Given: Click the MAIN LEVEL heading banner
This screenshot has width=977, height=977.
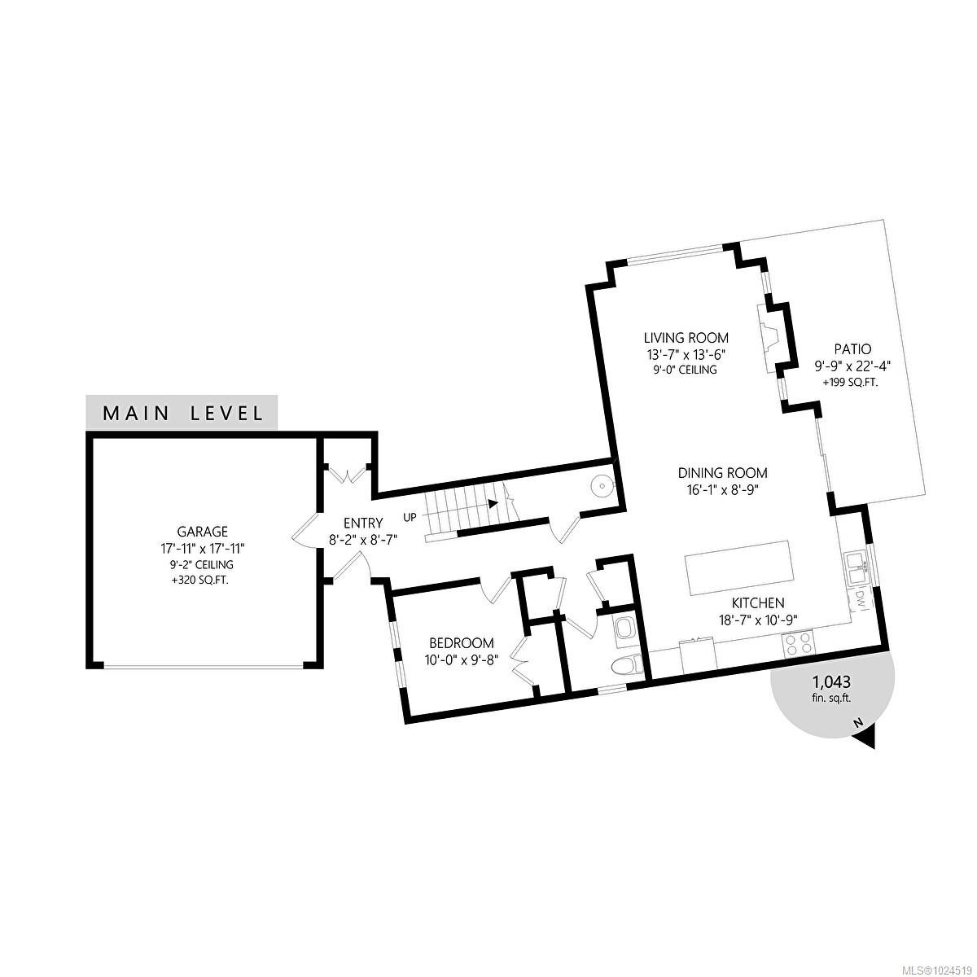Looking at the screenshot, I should [x=182, y=412].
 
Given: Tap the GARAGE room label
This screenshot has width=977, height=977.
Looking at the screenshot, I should [x=204, y=532].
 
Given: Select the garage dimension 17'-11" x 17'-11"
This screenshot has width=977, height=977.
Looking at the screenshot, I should [x=204, y=549].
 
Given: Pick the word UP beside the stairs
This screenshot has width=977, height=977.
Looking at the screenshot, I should [x=410, y=516].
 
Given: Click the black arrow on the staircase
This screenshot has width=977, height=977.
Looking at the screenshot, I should [x=493, y=503].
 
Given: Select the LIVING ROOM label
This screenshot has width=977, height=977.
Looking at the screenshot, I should [x=686, y=338].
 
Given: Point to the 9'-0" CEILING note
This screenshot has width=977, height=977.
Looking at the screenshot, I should [x=686, y=370].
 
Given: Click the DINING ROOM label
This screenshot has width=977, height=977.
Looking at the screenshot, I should [x=723, y=473].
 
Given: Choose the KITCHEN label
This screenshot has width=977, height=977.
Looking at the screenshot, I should [x=757, y=603].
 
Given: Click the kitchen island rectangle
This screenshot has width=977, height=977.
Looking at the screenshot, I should [x=739, y=567].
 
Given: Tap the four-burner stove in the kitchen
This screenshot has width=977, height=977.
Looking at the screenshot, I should [x=798, y=644].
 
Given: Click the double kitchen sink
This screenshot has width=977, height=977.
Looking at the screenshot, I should [x=856, y=568].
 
